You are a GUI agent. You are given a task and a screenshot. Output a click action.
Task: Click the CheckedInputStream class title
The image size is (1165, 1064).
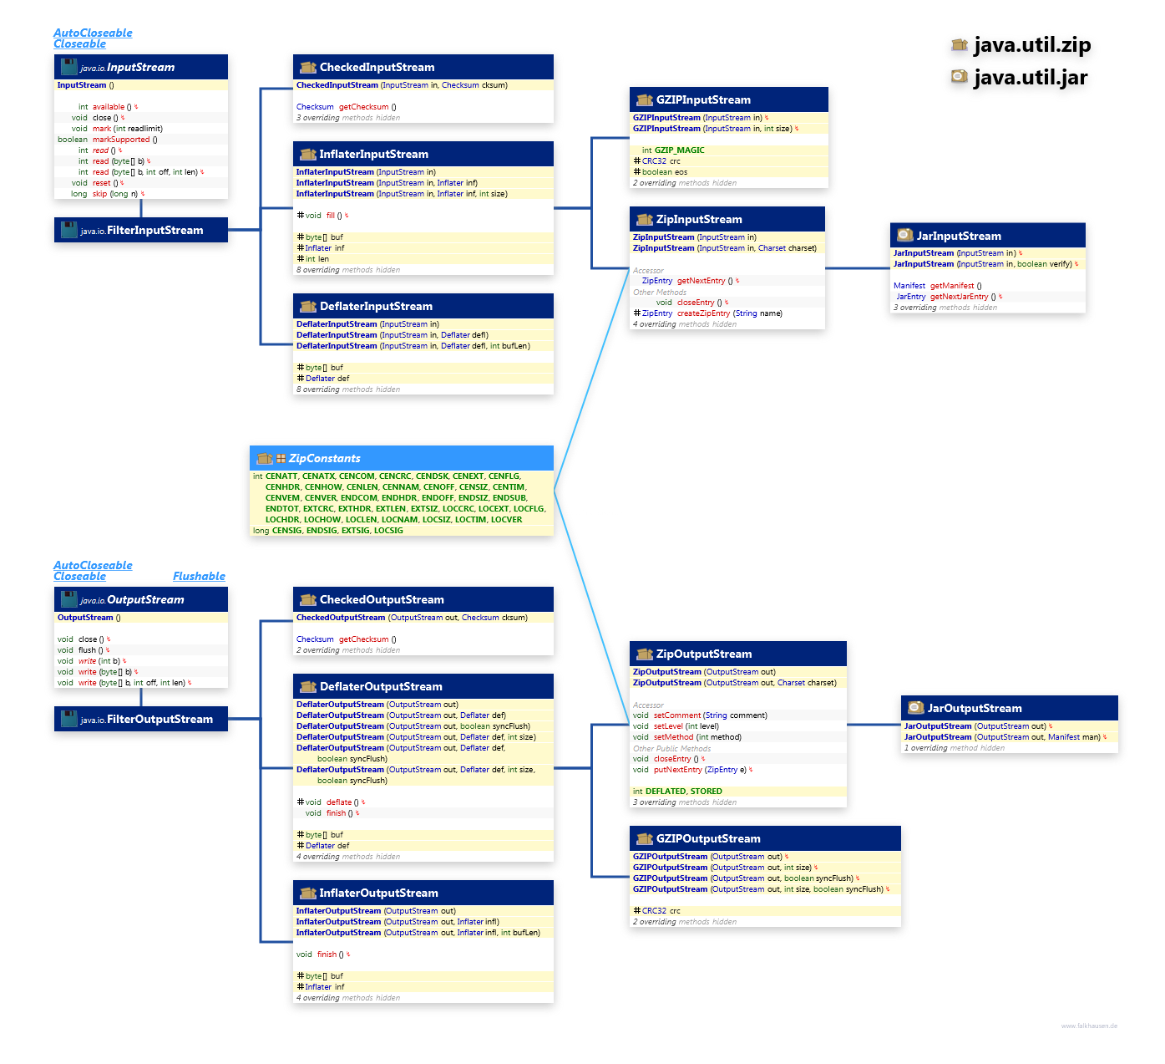377,68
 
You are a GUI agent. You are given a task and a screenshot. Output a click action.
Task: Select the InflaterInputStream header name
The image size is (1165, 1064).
373,155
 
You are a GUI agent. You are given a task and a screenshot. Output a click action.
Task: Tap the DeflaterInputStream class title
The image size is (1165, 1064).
376,307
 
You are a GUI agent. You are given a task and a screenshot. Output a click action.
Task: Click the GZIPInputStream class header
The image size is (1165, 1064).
703,100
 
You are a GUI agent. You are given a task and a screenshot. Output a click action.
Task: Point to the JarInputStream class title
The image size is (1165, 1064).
959,237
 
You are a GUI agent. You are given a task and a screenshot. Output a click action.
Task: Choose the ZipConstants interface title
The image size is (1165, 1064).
324,459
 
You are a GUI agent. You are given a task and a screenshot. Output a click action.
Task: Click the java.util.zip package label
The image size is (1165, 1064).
1031,45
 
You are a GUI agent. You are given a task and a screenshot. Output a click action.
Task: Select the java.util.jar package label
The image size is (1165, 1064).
1031,78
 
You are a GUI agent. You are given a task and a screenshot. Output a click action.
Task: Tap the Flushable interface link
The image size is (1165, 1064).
199,576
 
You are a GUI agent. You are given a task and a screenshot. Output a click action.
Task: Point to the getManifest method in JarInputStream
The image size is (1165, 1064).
951,286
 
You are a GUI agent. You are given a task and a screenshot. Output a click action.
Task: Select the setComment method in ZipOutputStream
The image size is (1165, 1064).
677,715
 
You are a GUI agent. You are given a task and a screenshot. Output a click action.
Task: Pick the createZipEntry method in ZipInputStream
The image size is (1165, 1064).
703,313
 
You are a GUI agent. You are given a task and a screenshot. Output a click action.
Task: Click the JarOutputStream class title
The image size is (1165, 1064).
975,709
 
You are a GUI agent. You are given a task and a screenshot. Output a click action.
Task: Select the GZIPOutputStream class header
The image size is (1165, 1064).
708,839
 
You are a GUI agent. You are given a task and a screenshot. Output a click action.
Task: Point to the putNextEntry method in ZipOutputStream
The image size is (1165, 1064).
678,770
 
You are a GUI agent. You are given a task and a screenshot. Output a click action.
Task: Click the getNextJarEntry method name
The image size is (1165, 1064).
959,297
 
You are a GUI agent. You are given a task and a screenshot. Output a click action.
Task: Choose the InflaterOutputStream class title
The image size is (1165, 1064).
378,893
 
